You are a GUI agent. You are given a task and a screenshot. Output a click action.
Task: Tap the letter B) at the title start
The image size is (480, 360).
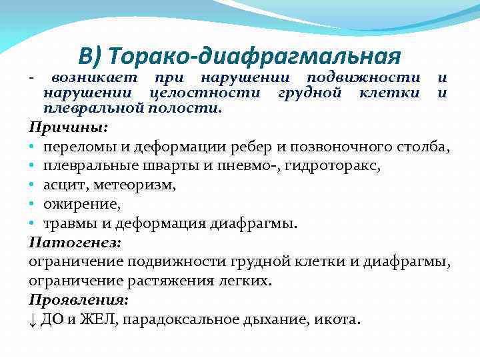coord(89,55)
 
